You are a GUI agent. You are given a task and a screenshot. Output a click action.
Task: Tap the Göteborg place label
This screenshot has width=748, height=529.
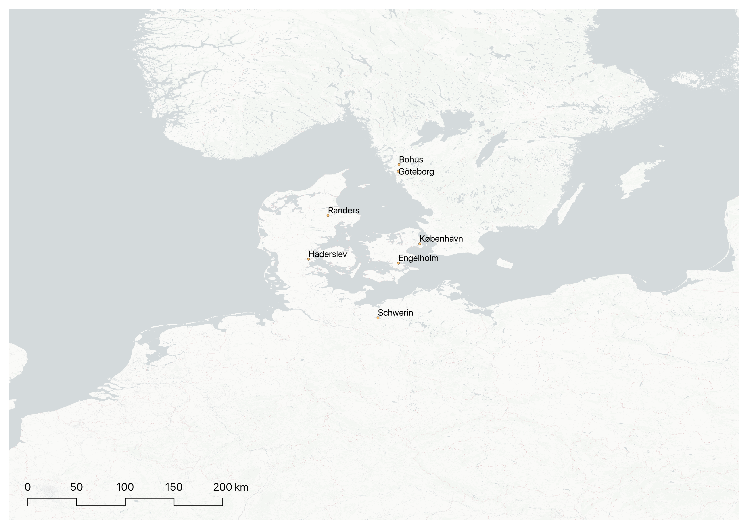click(416, 172)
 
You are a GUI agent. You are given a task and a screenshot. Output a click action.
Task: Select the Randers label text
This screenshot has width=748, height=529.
click(344, 211)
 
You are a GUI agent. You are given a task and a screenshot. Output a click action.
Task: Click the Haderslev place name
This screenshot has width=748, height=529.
click(328, 254)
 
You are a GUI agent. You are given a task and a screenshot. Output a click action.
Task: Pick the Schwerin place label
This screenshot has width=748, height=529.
click(395, 313)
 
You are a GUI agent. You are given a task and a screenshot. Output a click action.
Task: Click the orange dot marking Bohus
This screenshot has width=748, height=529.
click(399, 164)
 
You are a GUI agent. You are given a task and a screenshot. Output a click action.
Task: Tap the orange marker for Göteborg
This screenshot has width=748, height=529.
click(398, 171)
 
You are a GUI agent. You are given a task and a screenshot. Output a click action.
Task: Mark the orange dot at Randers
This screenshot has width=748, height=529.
click(328, 215)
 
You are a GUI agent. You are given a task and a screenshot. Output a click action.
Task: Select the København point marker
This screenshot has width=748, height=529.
click(420, 244)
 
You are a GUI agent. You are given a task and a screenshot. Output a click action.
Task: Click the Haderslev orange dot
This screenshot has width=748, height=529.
click(308, 259)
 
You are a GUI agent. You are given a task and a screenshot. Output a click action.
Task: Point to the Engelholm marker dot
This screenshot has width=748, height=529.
click(398, 263)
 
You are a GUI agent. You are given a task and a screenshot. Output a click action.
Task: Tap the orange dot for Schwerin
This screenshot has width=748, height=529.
click(378, 318)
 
